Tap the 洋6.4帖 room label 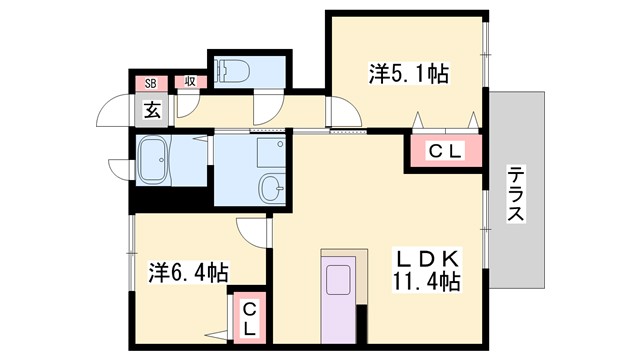click(x=189, y=271)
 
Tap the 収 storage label click(x=188, y=83)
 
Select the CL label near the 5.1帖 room click(x=443, y=152)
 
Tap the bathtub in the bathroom click(x=156, y=158)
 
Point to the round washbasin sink click(x=269, y=186)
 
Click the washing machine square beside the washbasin click(x=269, y=151)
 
